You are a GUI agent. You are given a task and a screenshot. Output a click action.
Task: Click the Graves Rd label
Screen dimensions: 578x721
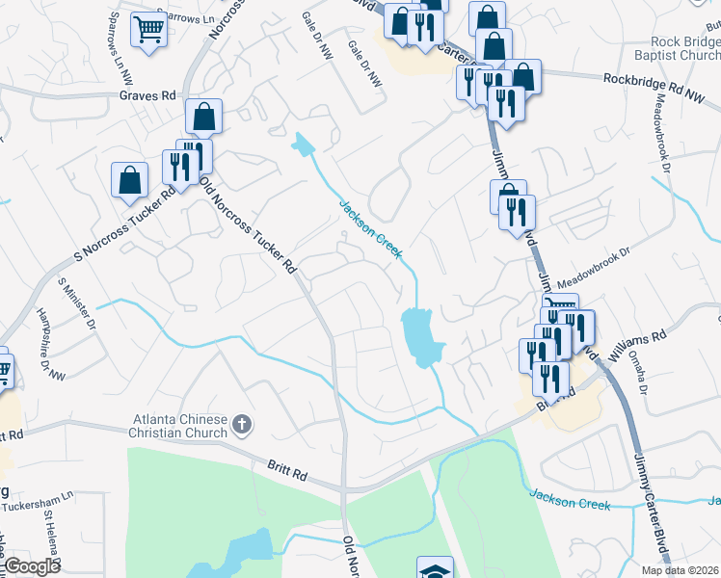coord(147,96)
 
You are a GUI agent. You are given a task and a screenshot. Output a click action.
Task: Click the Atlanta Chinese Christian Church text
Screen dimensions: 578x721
coord(180,426)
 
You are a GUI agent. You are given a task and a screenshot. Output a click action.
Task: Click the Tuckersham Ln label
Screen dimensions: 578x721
coord(39,507)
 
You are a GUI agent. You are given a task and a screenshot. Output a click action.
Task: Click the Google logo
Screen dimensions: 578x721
coord(33,566)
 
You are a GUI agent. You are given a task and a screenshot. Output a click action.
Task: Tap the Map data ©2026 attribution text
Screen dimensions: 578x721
coord(680,570)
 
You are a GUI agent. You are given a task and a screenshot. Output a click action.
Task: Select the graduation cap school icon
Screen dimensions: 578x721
coord(434,569)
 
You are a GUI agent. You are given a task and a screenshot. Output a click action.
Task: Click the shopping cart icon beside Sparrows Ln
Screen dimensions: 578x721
coord(148,29)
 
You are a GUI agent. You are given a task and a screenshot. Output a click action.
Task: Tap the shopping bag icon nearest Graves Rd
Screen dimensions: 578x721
coord(204,117)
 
